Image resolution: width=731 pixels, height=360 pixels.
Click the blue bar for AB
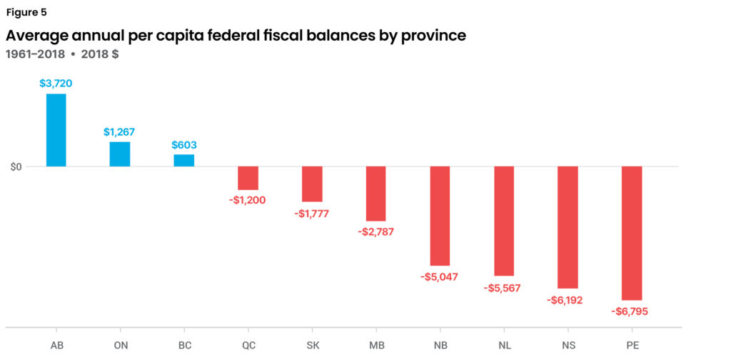[56, 130]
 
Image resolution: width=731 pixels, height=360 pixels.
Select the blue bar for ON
[120, 154]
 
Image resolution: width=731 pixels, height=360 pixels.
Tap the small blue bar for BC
[183, 160]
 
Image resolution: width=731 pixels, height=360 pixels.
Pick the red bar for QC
[248, 178]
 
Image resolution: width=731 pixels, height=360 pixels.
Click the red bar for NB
[440, 216]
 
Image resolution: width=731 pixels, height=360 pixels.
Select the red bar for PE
[632, 233]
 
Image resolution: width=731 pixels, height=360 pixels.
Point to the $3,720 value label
[56, 84]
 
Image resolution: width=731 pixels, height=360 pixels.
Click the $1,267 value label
[119, 132]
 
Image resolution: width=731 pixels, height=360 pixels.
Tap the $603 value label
[183, 144]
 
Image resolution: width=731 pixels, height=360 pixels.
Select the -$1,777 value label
[312, 214]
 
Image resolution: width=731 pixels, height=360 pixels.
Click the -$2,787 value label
[375, 231]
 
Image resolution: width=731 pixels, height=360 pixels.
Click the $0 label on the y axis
[15, 167]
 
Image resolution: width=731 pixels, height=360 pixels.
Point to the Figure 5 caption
[26, 12]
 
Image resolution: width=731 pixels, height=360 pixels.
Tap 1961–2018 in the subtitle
[34, 54]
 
